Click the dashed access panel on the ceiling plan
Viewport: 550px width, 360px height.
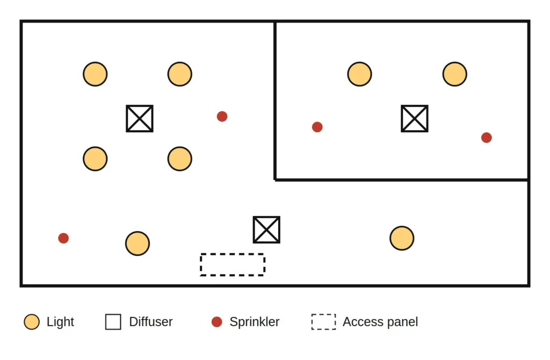tap(233, 254)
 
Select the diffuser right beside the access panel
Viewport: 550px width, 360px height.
tap(266, 230)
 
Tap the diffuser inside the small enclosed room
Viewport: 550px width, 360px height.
tap(415, 119)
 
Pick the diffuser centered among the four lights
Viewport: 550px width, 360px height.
tap(140, 119)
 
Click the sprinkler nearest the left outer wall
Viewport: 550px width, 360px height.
tap(63, 238)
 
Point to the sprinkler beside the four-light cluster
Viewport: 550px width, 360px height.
tap(222, 117)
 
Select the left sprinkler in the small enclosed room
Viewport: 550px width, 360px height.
tap(317, 127)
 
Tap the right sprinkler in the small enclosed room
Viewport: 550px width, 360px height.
tap(487, 138)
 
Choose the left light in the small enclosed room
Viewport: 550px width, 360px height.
tap(359, 74)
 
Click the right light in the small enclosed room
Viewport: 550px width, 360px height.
tap(455, 74)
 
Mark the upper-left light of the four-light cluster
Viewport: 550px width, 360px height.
tap(95, 74)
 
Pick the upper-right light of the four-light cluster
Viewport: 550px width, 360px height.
tap(180, 74)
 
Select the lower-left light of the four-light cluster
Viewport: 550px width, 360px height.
tap(95, 159)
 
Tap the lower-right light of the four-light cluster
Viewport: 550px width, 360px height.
tap(180, 159)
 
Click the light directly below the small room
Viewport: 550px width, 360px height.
tap(402, 238)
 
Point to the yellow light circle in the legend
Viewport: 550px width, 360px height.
tap(32, 322)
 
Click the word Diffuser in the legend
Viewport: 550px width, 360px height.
tap(151, 322)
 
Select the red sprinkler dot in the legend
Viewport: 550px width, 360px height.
tap(217, 322)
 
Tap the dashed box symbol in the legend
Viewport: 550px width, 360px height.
tap(323, 314)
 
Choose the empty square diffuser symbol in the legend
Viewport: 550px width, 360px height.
tap(113, 314)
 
